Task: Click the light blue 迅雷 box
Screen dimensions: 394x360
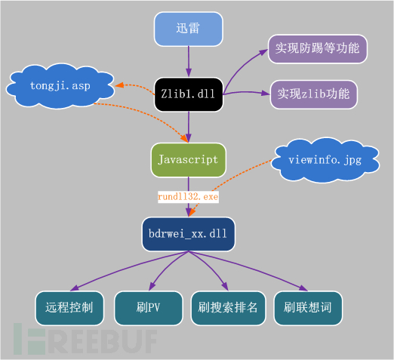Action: (189, 29)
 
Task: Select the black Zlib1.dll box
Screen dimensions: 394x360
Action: (189, 94)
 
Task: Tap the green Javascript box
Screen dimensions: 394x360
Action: (189, 160)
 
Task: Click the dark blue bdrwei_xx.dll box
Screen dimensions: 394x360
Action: (189, 234)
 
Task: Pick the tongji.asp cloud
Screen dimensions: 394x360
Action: (60, 86)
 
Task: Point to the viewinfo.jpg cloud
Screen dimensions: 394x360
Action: (325, 160)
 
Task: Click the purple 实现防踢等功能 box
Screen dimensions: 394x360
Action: (318, 49)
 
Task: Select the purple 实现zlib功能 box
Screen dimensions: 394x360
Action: (314, 94)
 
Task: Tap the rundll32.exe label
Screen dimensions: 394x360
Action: (188, 197)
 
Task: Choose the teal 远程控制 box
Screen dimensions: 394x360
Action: (69, 308)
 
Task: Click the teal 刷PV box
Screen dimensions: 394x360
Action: (149, 308)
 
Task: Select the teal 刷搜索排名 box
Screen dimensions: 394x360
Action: (228, 308)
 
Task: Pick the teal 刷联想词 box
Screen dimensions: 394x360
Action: (308, 308)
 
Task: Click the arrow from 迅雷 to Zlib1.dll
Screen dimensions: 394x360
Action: (189, 62)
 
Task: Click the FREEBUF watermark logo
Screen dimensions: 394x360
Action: (85, 339)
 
